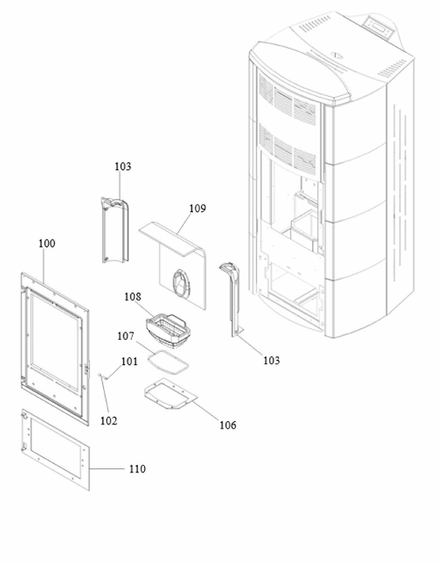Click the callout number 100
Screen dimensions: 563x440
[47, 243]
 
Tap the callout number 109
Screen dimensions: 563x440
[198, 208]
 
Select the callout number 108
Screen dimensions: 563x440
[133, 297]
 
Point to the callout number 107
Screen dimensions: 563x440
[125, 336]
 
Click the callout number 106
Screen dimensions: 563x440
[228, 425]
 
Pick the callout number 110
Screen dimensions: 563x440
[137, 469]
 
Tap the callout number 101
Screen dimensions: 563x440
[129, 361]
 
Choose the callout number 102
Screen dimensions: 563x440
[109, 421]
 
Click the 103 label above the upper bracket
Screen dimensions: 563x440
[123, 167]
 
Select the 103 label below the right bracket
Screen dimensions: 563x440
[271, 361]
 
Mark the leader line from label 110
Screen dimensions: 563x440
[106, 468]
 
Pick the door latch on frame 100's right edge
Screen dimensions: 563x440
[87, 369]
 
